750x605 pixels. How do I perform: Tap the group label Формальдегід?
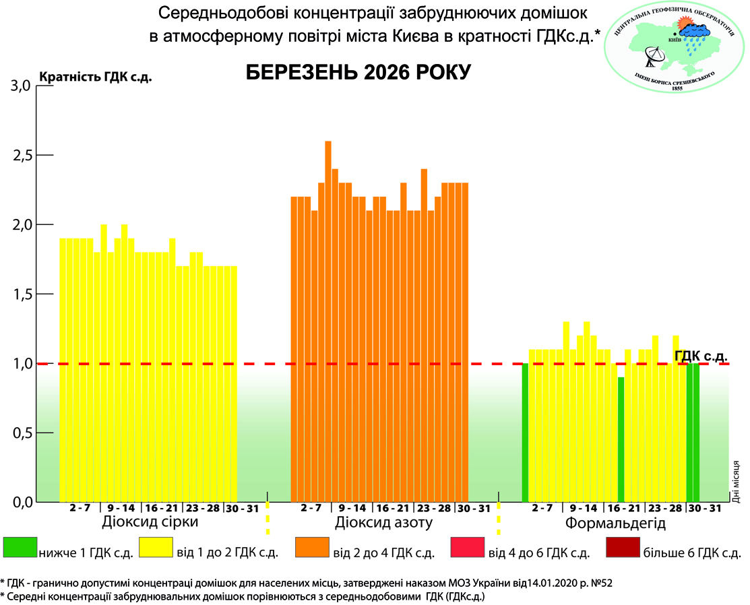pyautogui.click(x=615, y=523)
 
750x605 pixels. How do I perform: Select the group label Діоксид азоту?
pyautogui.click(x=383, y=523)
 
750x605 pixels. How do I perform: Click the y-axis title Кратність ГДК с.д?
pyautogui.click(x=96, y=76)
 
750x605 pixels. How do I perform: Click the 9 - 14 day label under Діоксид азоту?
pyautogui.click(x=352, y=508)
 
